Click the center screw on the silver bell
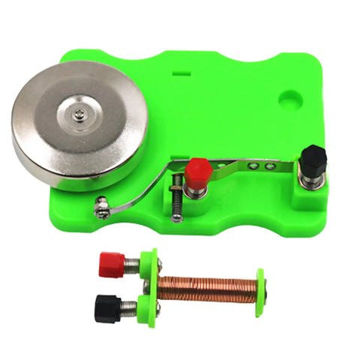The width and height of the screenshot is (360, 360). [x=79, y=113]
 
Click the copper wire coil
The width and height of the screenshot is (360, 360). [x=205, y=286]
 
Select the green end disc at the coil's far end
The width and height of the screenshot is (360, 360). [x=259, y=288]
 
